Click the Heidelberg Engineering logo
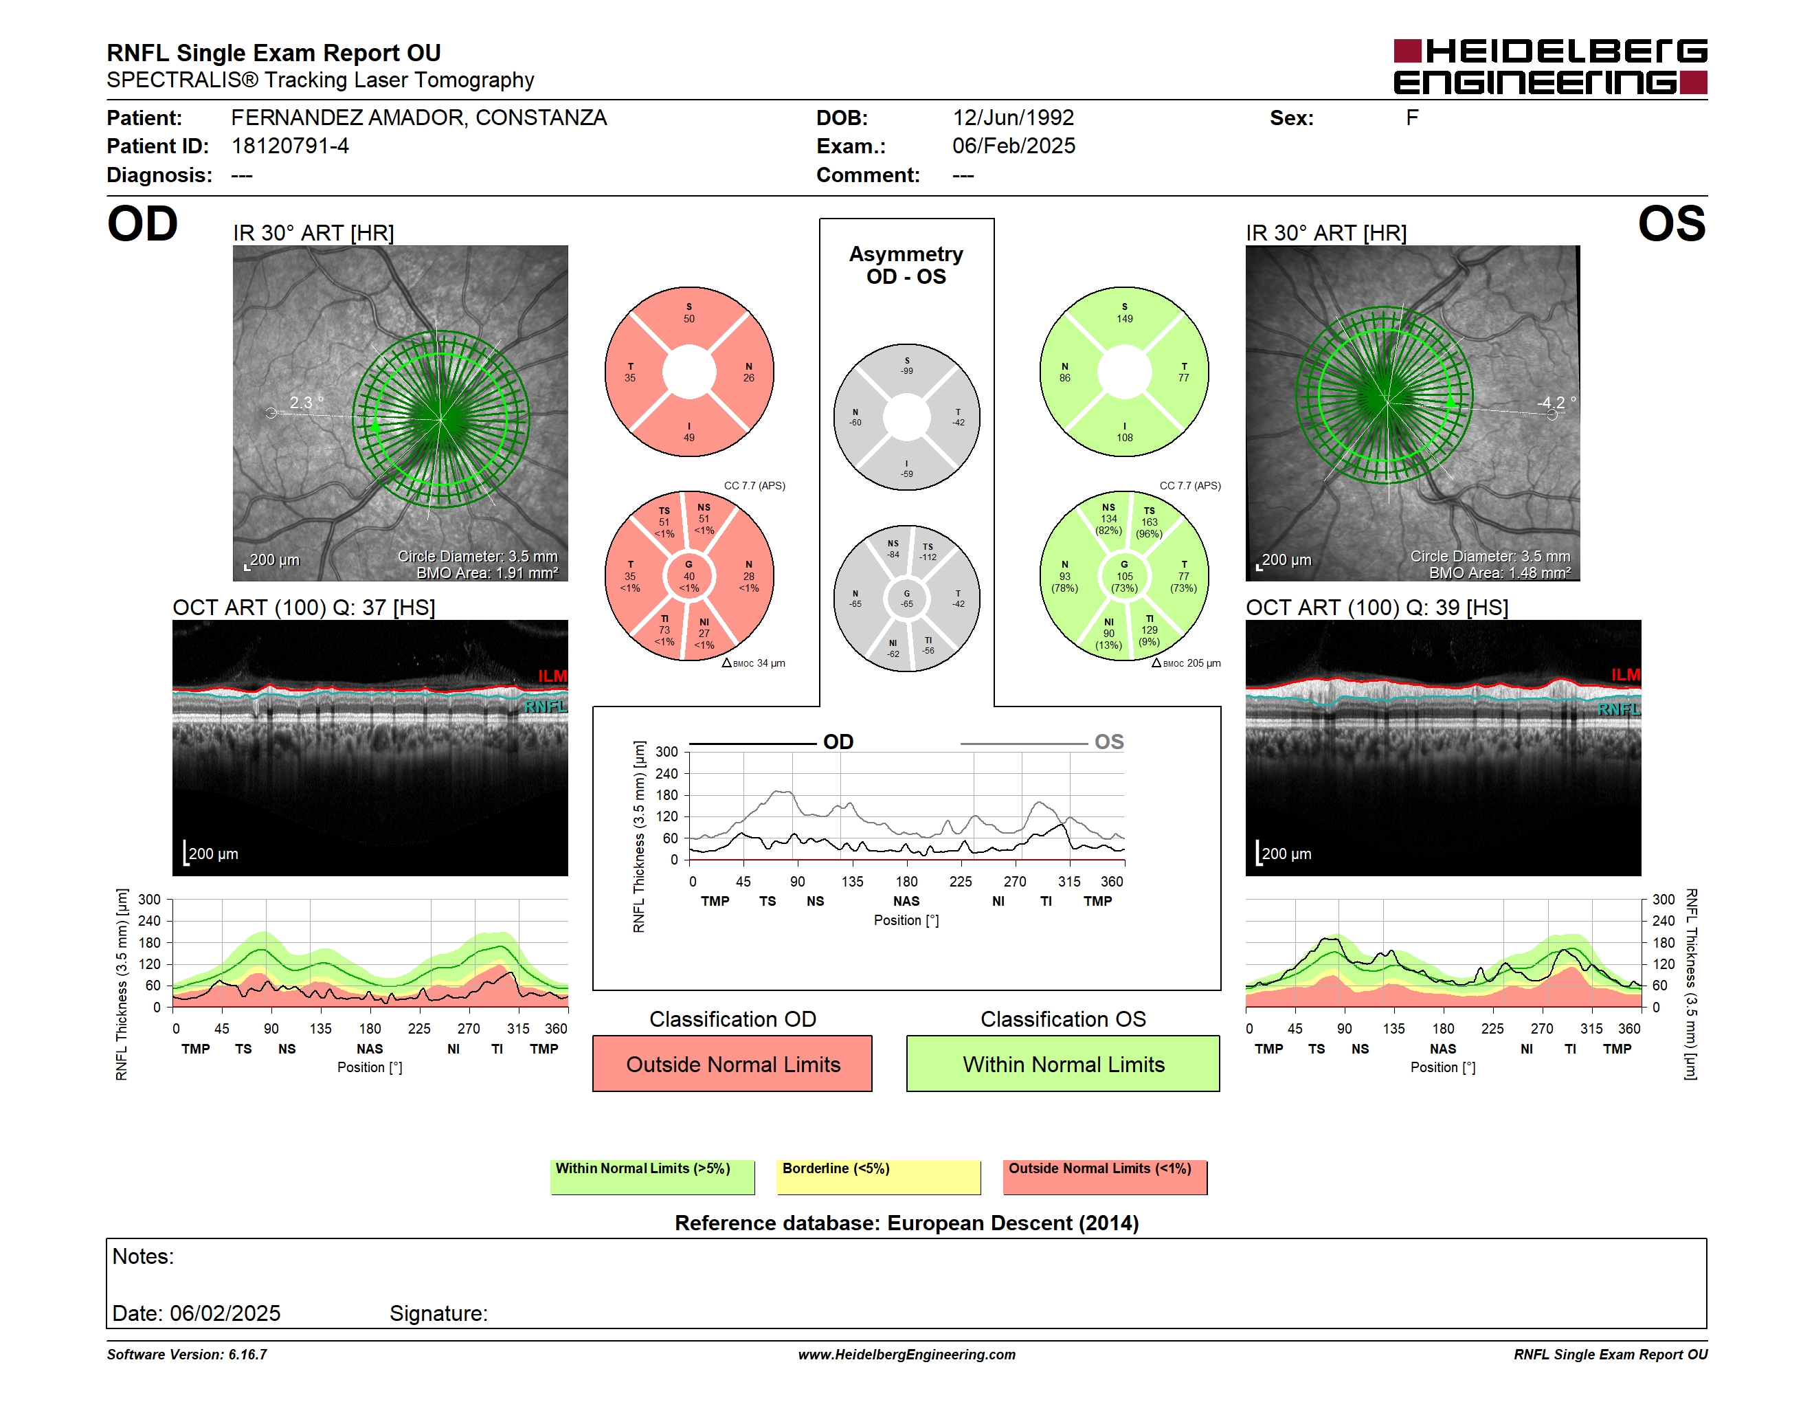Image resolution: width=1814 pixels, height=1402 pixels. [1550, 67]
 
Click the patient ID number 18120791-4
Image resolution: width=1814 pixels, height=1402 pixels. [290, 146]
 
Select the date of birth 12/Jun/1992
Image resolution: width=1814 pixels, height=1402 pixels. [1013, 118]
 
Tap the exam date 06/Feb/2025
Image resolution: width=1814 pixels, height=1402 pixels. [1014, 146]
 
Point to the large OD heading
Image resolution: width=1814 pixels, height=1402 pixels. [143, 224]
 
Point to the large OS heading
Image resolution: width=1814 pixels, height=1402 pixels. [1671, 224]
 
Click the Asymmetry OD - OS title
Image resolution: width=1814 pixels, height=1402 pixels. [906, 265]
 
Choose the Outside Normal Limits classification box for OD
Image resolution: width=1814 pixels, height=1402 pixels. [732, 1063]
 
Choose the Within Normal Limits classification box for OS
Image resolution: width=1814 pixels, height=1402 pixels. [1063, 1063]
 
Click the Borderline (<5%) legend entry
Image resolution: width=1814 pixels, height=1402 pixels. [879, 1177]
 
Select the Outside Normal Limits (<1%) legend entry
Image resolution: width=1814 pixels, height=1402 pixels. [1105, 1177]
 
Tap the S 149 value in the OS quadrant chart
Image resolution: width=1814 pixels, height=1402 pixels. [1125, 313]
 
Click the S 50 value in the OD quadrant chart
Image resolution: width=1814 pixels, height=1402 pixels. [689, 313]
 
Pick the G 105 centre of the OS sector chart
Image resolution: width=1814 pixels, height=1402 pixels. [1125, 577]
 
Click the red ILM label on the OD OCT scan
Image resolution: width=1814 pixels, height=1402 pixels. [552, 676]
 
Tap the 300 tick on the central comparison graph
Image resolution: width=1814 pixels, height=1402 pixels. [667, 752]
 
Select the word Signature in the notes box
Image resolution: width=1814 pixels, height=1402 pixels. [438, 1313]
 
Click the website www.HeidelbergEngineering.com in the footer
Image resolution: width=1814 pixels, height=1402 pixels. [907, 1355]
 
